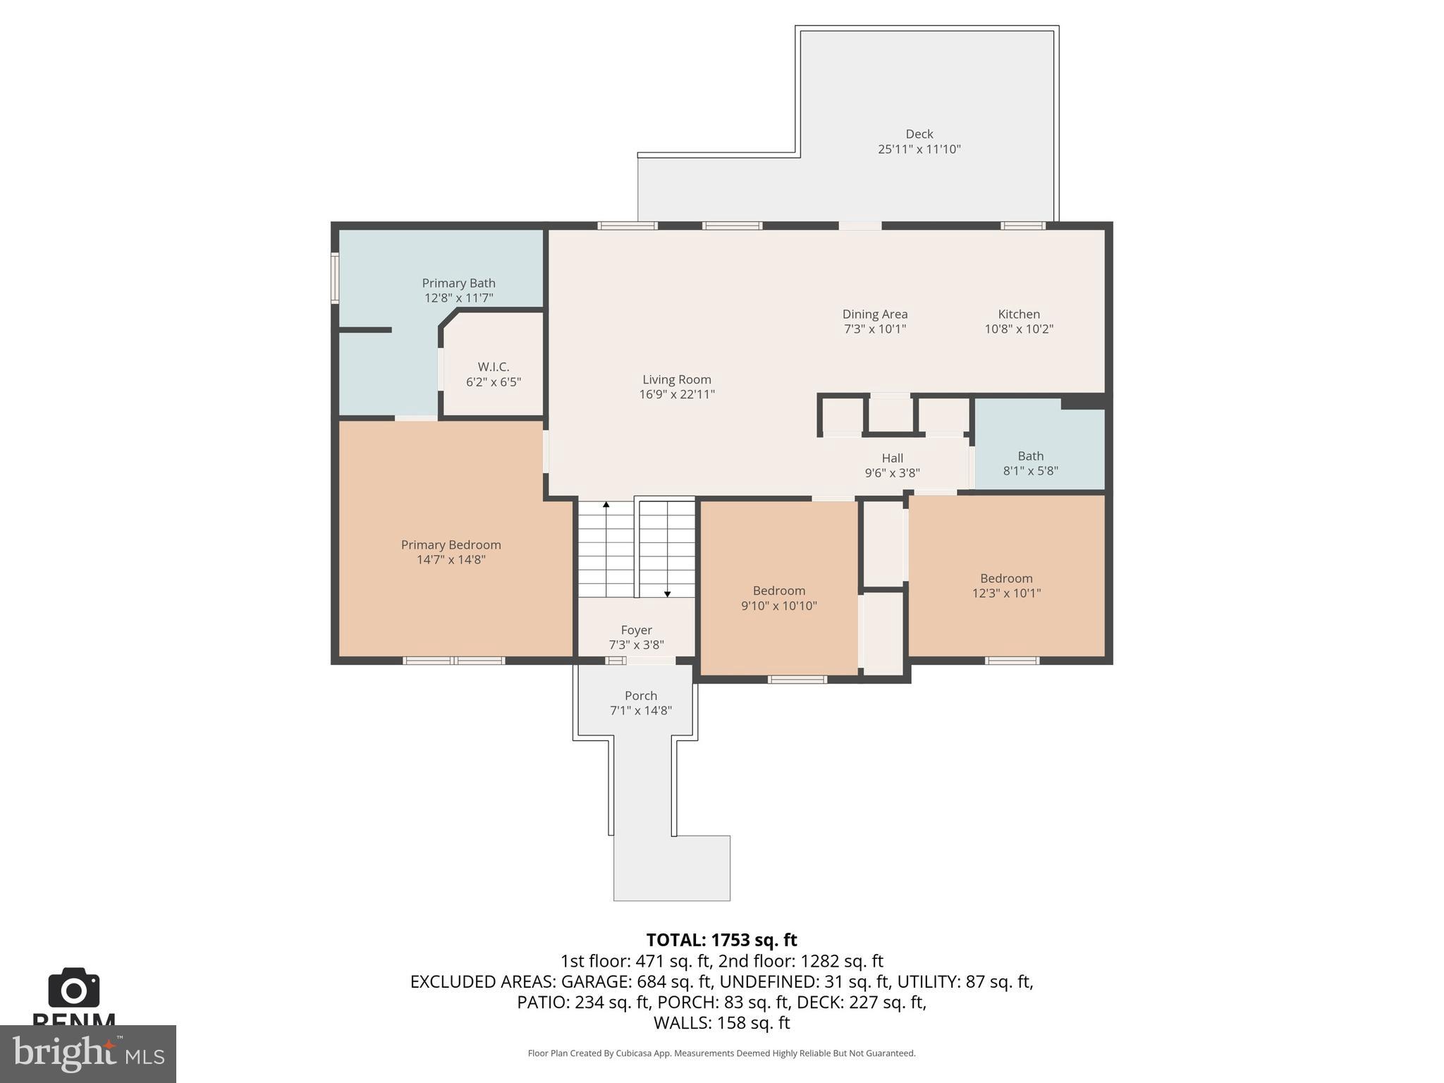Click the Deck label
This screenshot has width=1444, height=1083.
(x=919, y=134)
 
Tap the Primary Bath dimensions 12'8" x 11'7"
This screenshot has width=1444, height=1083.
(x=458, y=298)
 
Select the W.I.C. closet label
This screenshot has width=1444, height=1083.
(x=493, y=367)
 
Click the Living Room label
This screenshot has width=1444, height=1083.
(x=676, y=379)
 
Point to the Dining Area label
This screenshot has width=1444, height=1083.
(x=874, y=314)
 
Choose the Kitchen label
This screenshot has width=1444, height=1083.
(x=1018, y=314)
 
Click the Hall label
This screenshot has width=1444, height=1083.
(x=892, y=458)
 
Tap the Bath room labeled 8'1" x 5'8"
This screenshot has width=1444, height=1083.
(x=1030, y=463)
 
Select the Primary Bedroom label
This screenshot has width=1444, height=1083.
(x=451, y=545)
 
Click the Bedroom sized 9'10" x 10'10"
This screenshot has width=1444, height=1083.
(x=778, y=598)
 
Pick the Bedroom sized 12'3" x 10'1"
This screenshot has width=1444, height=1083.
(x=1005, y=585)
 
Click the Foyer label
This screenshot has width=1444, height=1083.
(x=636, y=630)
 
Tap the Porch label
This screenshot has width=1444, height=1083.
(x=640, y=696)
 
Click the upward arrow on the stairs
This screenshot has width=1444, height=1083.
(x=606, y=505)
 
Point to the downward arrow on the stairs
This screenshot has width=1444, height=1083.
(x=667, y=594)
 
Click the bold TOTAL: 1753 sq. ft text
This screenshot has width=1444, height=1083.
(x=721, y=940)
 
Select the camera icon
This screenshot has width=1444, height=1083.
(x=74, y=989)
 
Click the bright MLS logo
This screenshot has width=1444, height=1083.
(x=88, y=1053)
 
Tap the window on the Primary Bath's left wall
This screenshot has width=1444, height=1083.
(x=335, y=279)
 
